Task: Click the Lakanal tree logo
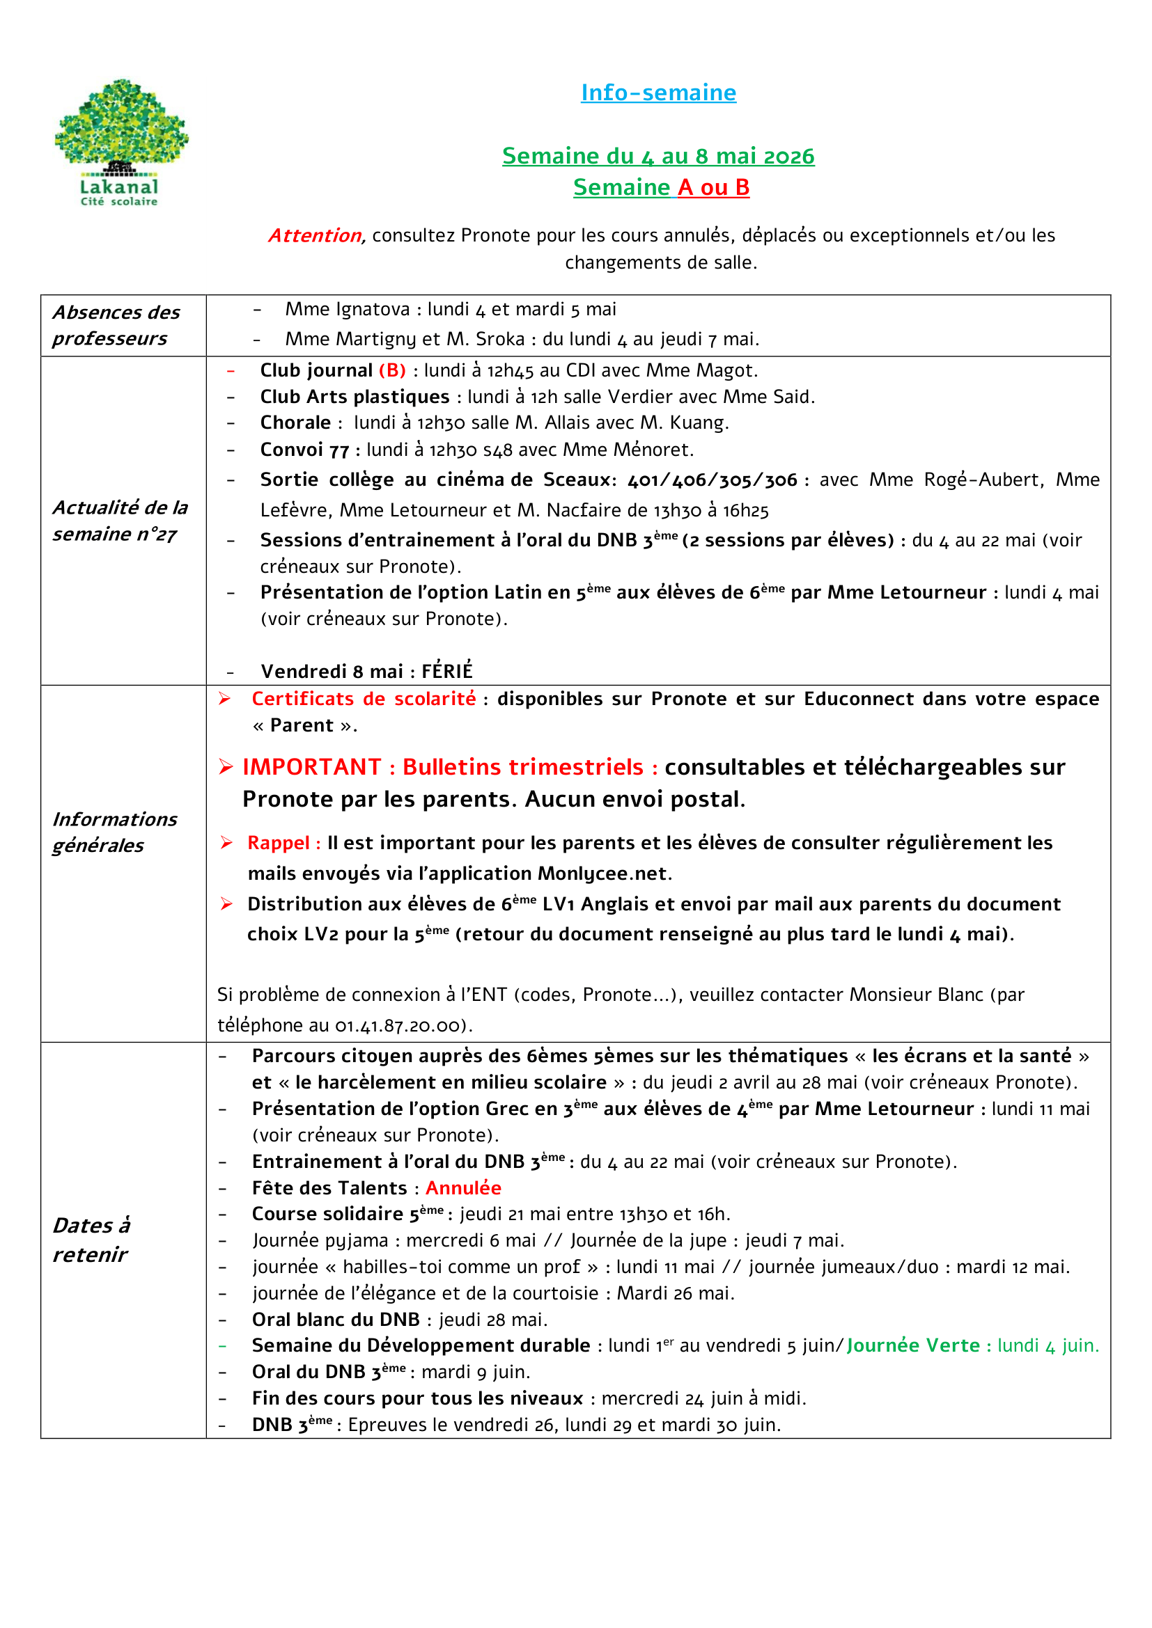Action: click(121, 142)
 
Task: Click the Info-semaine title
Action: click(657, 92)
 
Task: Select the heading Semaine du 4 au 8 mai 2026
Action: click(657, 155)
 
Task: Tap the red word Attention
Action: click(315, 235)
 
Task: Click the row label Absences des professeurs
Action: click(116, 326)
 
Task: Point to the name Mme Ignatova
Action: click(347, 309)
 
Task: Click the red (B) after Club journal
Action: click(392, 370)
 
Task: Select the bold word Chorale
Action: click(295, 422)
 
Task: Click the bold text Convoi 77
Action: click(304, 450)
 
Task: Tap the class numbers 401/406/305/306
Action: click(713, 480)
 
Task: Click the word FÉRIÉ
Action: click(447, 671)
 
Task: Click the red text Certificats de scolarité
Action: click(363, 698)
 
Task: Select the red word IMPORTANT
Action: click(311, 767)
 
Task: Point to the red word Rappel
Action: click(278, 842)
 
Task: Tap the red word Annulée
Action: click(463, 1187)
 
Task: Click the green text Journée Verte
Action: click(913, 1345)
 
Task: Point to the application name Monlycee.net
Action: click(602, 874)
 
